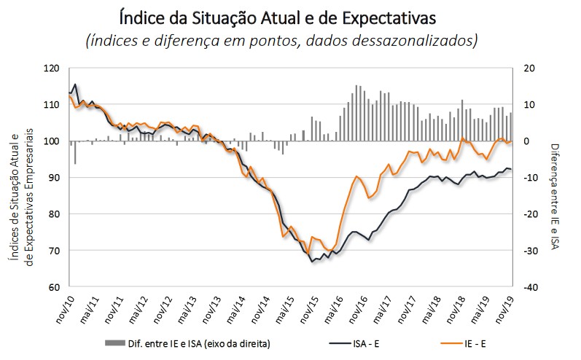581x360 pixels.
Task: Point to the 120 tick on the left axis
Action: pos(51,69)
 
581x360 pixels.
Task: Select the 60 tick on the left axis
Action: pos(53,287)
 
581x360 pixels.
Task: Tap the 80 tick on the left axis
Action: pos(53,214)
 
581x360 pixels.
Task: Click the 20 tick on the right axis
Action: pos(530,69)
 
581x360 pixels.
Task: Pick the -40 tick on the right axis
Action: pos(531,287)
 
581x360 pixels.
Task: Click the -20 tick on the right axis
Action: pos(531,214)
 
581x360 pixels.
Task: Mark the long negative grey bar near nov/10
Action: pos(75,152)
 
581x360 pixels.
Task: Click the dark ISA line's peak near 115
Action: pos(75,85)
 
